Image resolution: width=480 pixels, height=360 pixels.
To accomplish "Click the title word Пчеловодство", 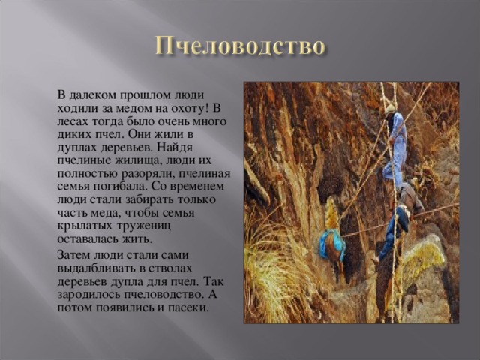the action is click(x=240, y=46).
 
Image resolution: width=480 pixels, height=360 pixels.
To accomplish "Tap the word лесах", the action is click(x=71, y=121).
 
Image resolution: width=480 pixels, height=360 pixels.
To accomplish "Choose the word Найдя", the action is click(x=175, y=148).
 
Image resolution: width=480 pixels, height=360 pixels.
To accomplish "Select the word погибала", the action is click(x=121, y=187).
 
